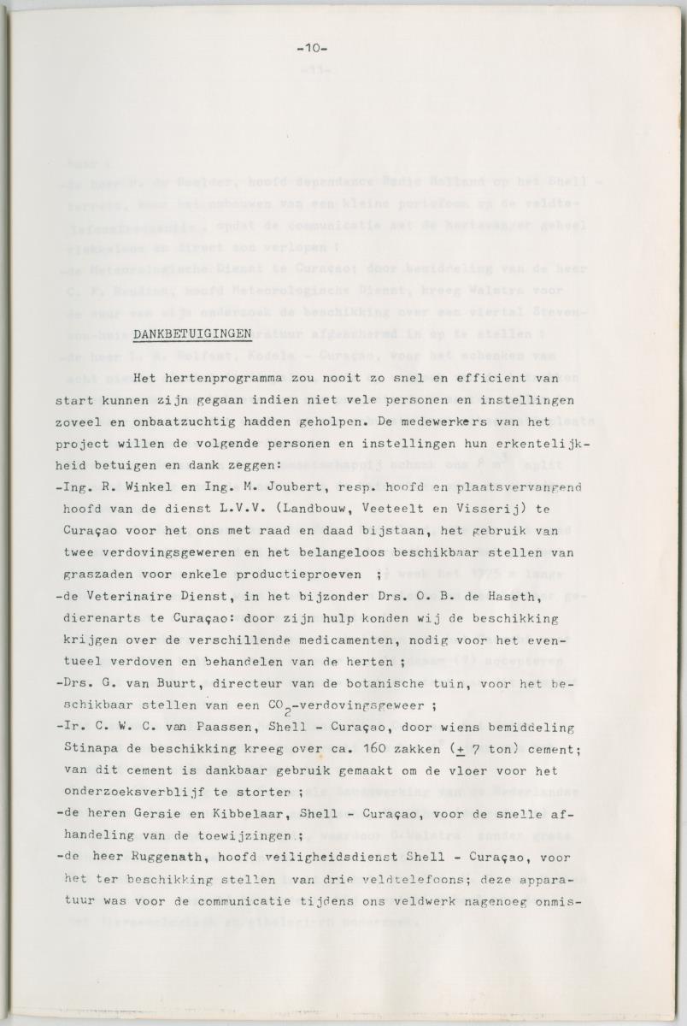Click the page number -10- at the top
tap(312, 49)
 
